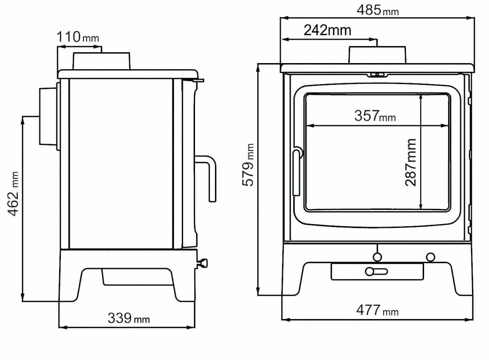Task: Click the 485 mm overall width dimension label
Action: tap(378, 10)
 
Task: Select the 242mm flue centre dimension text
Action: tap(327, 30)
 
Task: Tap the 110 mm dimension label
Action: tap(78, 37)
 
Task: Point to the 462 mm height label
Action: tap(13, 194)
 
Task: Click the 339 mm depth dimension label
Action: tap(129, 318)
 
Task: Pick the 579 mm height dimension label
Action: tap(248, 165)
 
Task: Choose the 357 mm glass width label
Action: tap(375, 116)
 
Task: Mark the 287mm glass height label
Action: tap(410, 162)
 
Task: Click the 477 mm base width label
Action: tap(377, 310)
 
